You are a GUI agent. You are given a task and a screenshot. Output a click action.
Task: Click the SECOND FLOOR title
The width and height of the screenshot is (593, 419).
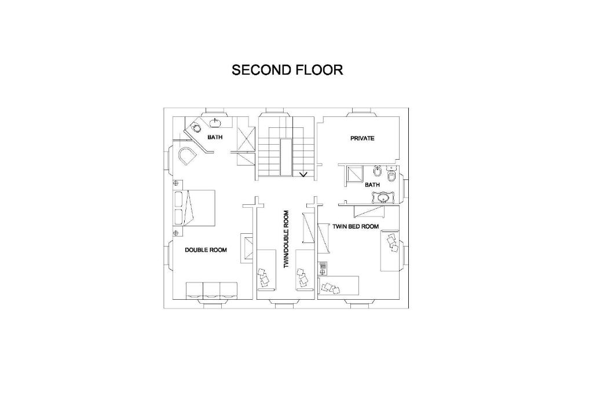pos(287,70)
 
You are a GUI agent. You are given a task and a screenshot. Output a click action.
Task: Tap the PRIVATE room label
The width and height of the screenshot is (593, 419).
pos(363,138)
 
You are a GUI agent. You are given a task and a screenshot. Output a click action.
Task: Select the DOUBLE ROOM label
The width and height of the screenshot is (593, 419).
pos(206,250)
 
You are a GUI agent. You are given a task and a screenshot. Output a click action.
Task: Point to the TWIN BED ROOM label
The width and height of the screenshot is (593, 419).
pos(356,227)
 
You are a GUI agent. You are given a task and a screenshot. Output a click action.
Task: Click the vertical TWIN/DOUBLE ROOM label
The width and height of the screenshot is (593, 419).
pos(286,240)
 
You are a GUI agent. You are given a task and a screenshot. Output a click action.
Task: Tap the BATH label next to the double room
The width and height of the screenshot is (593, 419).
pos(215,137)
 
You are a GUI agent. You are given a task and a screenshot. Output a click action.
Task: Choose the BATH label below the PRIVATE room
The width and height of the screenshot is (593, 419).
pos(372,185)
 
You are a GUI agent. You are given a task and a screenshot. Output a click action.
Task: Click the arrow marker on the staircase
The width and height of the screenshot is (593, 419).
pos(303,174)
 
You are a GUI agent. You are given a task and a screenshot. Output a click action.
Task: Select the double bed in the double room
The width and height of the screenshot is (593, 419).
pos(195,208)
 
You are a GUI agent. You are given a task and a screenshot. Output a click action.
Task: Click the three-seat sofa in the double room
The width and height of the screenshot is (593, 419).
pos(211,291)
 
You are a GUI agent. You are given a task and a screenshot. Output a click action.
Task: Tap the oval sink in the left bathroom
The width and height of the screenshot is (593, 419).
pos(215,122)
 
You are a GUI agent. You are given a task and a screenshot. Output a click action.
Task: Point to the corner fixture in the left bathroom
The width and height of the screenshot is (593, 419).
pos(196,127)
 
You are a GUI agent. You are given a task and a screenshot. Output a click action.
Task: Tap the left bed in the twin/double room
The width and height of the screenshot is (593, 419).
pos(266,270)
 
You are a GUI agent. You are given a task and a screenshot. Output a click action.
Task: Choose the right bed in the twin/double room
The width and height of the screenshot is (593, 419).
pos(305,270)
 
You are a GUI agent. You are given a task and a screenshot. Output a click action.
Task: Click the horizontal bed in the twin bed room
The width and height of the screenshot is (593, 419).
pos(339,285)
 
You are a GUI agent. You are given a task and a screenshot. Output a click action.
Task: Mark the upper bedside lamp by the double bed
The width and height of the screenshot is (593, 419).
pos(175,183)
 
